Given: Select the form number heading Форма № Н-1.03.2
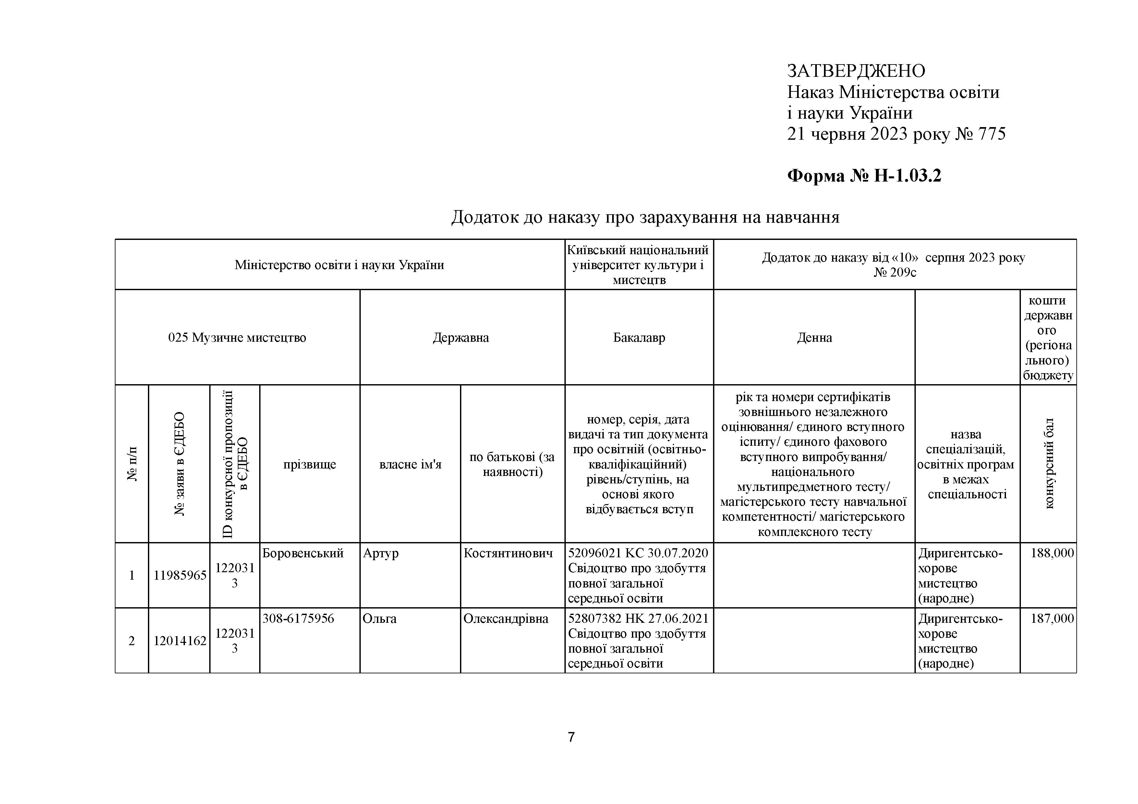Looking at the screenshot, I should point(864,176).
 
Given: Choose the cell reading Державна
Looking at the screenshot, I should point(460,338).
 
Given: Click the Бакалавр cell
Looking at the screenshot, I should point(639,338).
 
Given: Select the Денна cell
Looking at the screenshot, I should point(814,338).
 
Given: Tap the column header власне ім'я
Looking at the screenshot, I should point(410,465).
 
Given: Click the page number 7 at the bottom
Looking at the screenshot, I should point(571,738).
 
